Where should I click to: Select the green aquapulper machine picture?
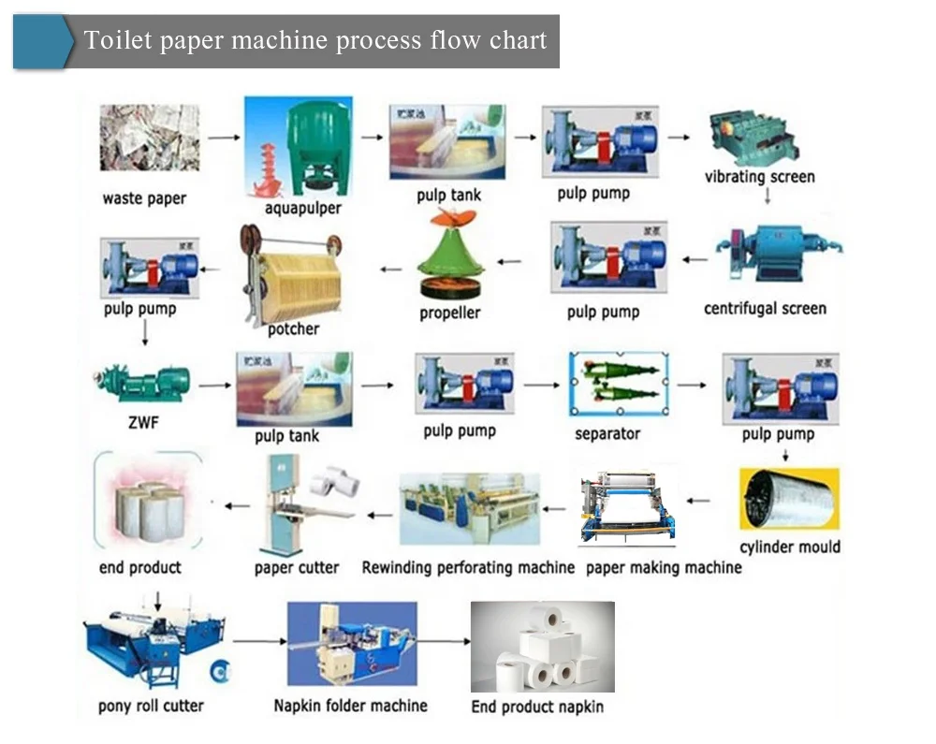299,146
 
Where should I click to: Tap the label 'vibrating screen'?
759,177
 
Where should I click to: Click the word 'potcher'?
293,328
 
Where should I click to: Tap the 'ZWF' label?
142,423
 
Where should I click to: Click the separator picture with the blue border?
619,385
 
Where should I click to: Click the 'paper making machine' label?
663,567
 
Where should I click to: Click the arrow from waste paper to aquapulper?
221,138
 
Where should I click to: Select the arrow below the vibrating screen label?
767,197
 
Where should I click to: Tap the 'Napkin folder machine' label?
350,706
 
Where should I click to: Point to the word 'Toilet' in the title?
111,41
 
